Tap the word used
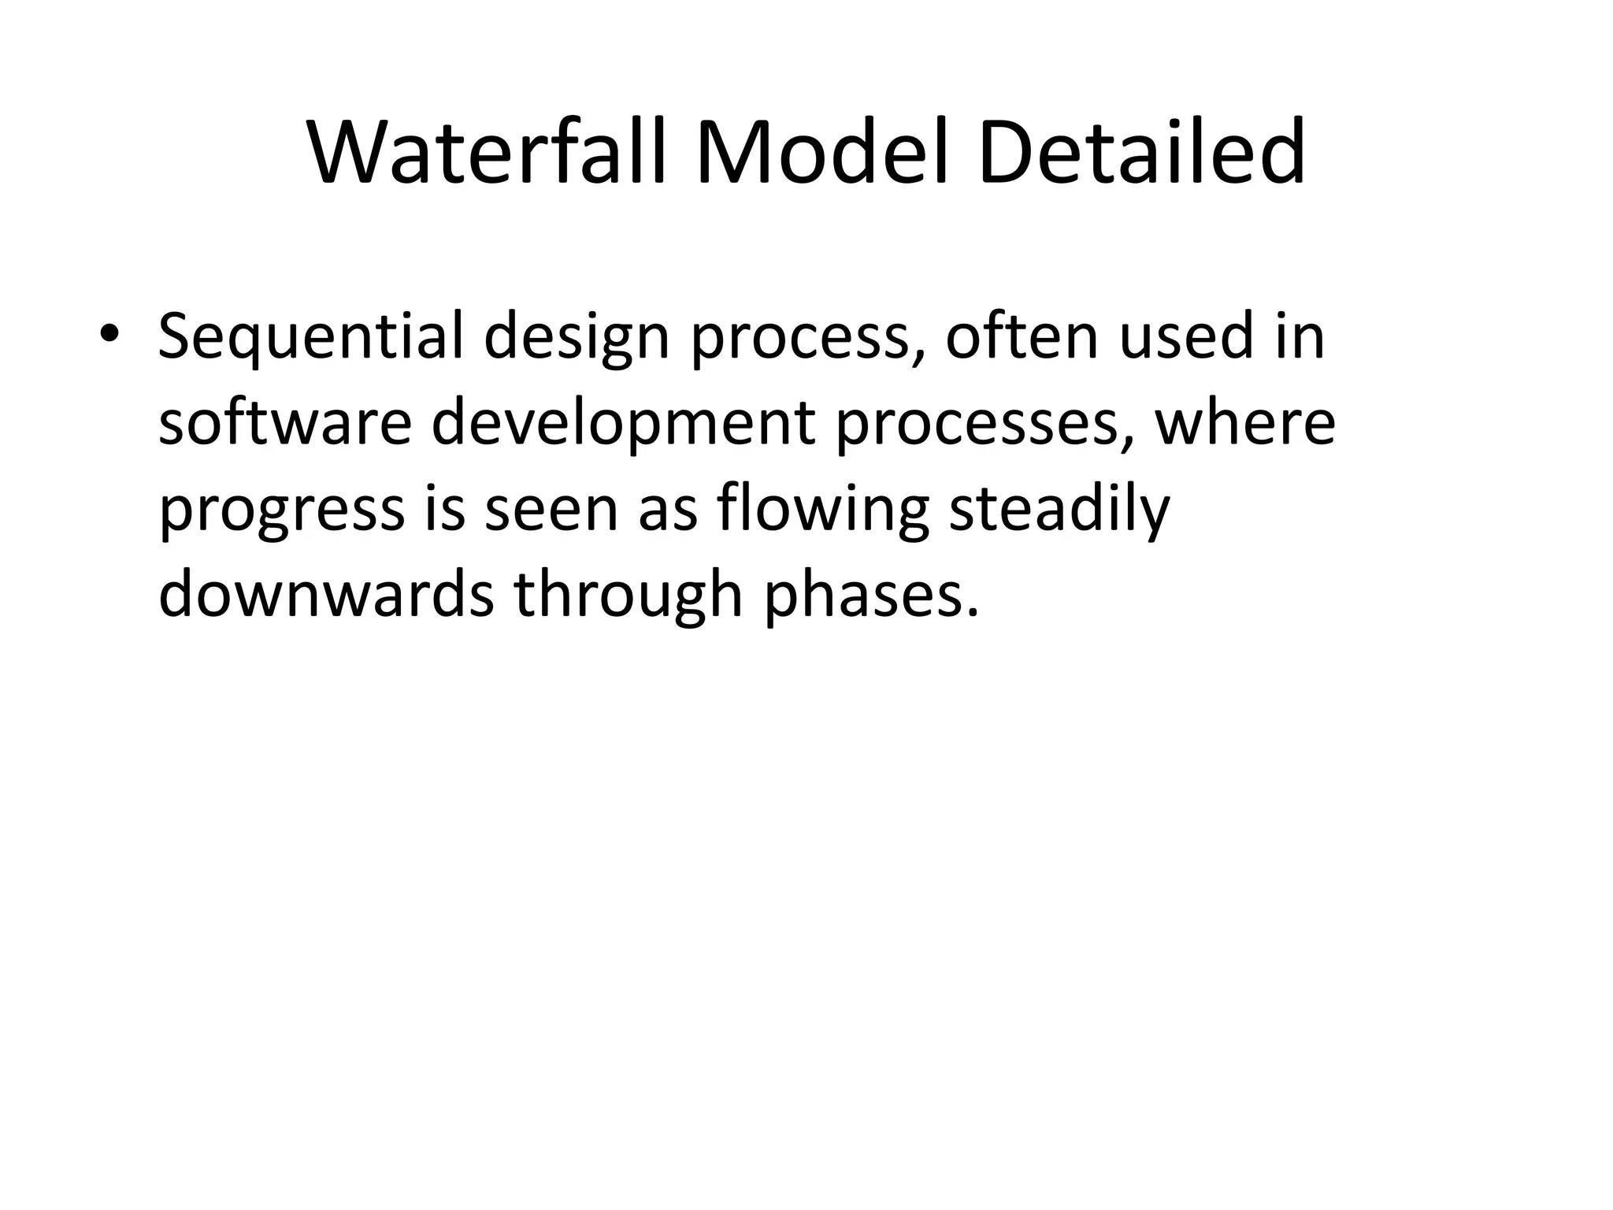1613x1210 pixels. (1186, 336)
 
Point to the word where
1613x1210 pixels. (1245, 423)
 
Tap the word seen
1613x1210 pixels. (551, 510)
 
